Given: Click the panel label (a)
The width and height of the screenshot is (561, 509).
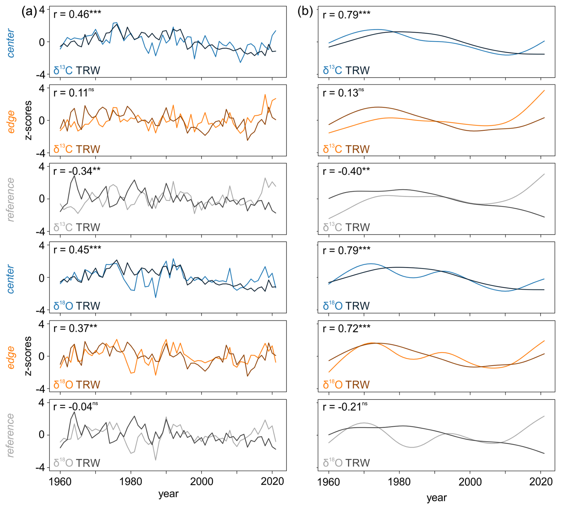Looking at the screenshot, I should pyautogui.click(x=29, y=12).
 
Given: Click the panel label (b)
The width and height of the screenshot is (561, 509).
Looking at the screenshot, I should pyautogui.click(x=305, y=12).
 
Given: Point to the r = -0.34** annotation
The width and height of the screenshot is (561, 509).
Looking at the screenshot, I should pyautogui.click(x=76, y=171).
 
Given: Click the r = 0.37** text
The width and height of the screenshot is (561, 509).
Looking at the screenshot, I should pyautogui.click(x=75, y=328).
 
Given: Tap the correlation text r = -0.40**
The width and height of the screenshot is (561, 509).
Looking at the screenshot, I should pyautogui.click(x=346, y=171).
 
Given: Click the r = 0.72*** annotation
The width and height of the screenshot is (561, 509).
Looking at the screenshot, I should pyautogui.click(x=346, y=328).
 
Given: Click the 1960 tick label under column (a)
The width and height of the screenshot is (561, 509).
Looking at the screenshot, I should pyautogui.click(x=60, y=481).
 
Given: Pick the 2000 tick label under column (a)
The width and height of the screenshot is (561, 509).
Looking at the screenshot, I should pyautogui.click(x=202, y=481).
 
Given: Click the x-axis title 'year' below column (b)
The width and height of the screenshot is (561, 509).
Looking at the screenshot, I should pyautogui.click(x=436, y=497).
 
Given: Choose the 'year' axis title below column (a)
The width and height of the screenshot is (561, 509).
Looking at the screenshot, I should pyautogui.click(x=168, y=494).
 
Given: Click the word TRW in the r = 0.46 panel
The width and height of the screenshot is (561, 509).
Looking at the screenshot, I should pyautogui.click(x=88, y=71).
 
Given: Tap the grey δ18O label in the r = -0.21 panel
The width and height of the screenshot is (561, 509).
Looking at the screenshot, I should pyautogui.click(x=332, y=463).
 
